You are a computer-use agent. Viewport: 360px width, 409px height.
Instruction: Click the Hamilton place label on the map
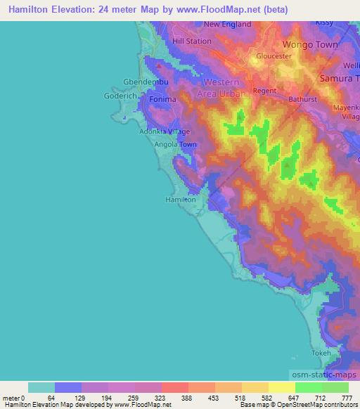pyautogui.click(x=180, y=200)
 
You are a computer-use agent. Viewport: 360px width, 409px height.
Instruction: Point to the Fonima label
pyautogui.click(x=162, y=100)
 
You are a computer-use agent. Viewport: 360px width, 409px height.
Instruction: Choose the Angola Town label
pyautogui.click(x=176, y=144)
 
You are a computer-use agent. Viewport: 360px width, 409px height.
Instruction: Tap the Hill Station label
pyautogui.click(x=191, y=41)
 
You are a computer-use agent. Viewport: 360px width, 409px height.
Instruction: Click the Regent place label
pyautogui.click(x=264, y=91)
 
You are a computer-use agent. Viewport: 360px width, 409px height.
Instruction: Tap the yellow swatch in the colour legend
pyautogui.click(x=282, y=387)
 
